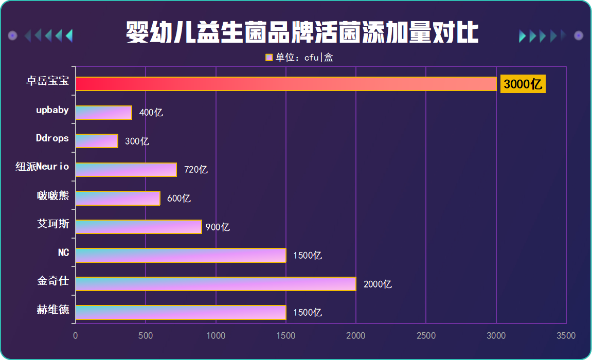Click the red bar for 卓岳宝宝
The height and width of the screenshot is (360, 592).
[x=285, y=84]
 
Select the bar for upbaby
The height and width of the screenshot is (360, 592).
[x=104, y=113]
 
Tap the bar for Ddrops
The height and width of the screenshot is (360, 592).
[x=97, y=141]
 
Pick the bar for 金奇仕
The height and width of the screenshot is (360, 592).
[x=216, y=284]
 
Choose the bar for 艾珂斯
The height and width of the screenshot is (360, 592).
[x=138, y=227]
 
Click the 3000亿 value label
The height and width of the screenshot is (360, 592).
[x=523, y=84]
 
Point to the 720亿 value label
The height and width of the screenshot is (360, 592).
[x=196, y=170]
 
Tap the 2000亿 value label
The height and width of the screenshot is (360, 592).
[x=378, y=284]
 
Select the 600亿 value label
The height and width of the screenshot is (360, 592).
[x=179, y=199]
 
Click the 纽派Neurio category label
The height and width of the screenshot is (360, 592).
[x=42, y=167]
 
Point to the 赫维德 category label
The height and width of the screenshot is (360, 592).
[x=53, y=310]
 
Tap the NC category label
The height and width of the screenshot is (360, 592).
[x=64, y=253]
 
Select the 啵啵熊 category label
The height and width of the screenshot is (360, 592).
[x=53, y=195]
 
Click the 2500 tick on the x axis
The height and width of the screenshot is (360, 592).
[x=426, y=336]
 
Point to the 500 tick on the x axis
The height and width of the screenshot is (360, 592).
[x=146, y=336]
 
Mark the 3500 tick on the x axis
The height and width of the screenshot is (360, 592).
[x=566, y=336]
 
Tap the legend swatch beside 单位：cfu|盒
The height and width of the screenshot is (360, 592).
[x=269, y=58]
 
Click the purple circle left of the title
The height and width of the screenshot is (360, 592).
[x=13, y=35]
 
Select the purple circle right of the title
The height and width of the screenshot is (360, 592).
[x=579, y=35]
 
